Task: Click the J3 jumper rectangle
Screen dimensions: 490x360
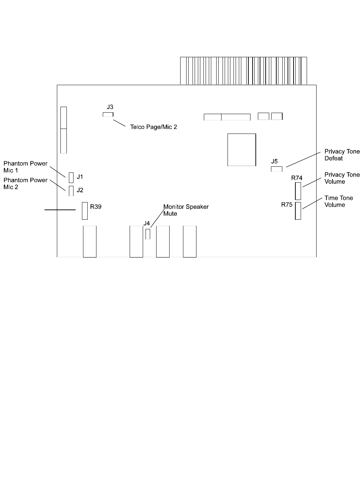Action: coord(108,114)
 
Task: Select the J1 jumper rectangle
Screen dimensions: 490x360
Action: coord(71,177)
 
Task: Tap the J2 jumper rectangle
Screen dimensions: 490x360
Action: coord(71,191)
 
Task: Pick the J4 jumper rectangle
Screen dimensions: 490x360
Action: coord(148,234)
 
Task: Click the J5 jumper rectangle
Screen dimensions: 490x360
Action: coord(277,169)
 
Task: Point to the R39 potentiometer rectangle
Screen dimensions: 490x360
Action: coord(85,211)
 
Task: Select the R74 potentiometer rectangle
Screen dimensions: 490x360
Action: coord(298,191)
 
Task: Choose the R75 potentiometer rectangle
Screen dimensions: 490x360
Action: coord(298,211)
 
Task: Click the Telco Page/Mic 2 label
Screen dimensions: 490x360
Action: coord(153,127)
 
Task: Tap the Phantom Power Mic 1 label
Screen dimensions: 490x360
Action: coord(25,167)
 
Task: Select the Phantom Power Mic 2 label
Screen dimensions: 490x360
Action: coord(25,183)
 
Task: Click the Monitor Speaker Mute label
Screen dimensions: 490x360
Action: coord(186,210)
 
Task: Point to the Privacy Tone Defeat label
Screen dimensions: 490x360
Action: coord(342,155)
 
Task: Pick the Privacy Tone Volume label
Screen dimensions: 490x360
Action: coord(342,178)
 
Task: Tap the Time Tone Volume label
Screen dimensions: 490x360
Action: coord(338,201)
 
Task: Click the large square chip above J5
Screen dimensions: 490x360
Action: coord(242,149)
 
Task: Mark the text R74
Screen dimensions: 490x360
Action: coord(297,178)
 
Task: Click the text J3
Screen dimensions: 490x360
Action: coord(110,107)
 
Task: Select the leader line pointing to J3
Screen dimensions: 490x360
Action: coord(119,123)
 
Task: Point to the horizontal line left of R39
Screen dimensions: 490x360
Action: coord(60,210)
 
